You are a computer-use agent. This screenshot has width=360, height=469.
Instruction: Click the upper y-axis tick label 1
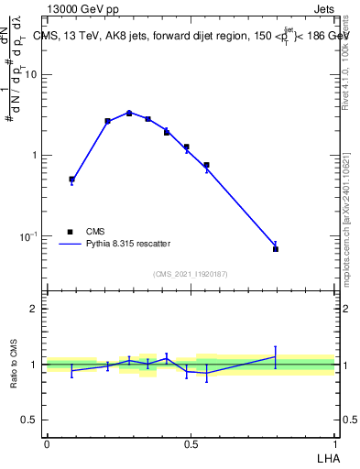(x=35, y=155)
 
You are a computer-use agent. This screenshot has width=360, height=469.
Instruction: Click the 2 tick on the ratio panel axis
(x=35, y=310)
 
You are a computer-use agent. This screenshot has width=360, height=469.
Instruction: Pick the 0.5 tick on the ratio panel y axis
(x=29, y=420)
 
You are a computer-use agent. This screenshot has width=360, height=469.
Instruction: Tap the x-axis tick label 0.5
(x=191, y=442)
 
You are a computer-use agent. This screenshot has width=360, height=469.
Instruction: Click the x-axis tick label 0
(x=47, y=442)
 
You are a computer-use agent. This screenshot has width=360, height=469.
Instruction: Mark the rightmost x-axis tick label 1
(x=335, y=442)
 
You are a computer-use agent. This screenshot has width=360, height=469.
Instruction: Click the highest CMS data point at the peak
(x=129, y=113)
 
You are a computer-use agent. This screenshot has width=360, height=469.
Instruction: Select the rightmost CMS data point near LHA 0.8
(x=276, y=248)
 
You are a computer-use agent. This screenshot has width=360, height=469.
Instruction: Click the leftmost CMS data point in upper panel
(x=71, y=180)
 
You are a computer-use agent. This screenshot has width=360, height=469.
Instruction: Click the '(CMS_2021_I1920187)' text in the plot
(x=190, y=274)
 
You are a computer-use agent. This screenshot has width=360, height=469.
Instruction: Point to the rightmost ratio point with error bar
(x=276, y=356)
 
